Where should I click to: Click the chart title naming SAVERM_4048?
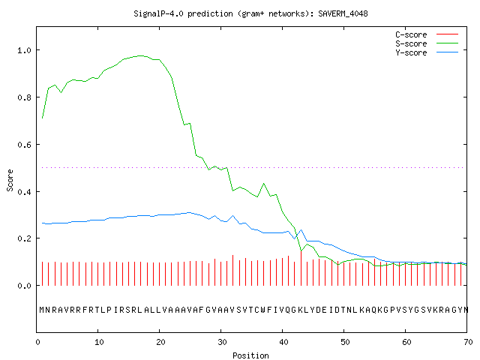(x=250, y=13)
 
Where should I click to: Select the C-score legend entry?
(x=427, y=34)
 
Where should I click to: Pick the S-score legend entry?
(x=427, y=43)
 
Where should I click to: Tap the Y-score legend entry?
(x=427, y=52)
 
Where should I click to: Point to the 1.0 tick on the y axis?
(x=24, y=50)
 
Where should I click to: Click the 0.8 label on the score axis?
(x=24, y=97)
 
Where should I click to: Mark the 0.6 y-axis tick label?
(x=24, y=145)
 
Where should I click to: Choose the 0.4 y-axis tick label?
(x=24, y=192)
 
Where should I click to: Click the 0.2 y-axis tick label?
(x=24, y=238)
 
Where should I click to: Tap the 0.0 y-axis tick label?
(x=24, y=286)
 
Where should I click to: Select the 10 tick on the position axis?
(x=99, y=342)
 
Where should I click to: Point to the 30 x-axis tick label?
(x=222, y=342)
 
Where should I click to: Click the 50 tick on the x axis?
(x=345, y=342)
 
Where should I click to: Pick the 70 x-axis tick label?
(x=468, y=342)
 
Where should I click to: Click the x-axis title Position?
(x=250, y=355)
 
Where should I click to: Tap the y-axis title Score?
(x=10, y=180)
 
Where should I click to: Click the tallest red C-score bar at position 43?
(x=301, y=268)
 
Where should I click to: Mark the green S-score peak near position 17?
(x=141, y=55)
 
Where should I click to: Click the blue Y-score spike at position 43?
(x=301, y=230)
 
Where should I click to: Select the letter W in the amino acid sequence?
(x=262, y=310)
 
